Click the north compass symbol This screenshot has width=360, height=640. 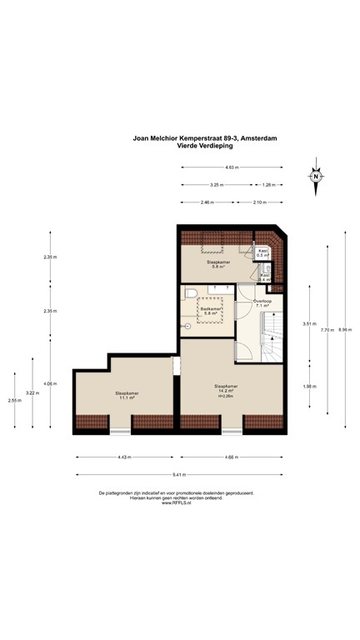(316, 176)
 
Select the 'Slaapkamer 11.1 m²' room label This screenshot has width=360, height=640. (126, 394)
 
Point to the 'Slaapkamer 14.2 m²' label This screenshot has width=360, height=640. (225, 388)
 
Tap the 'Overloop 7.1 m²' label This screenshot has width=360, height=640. (252, 303)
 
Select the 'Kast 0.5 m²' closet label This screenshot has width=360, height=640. (262, 252)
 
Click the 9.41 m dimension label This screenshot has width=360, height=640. (179, 475)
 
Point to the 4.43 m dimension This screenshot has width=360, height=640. (125, 457)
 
